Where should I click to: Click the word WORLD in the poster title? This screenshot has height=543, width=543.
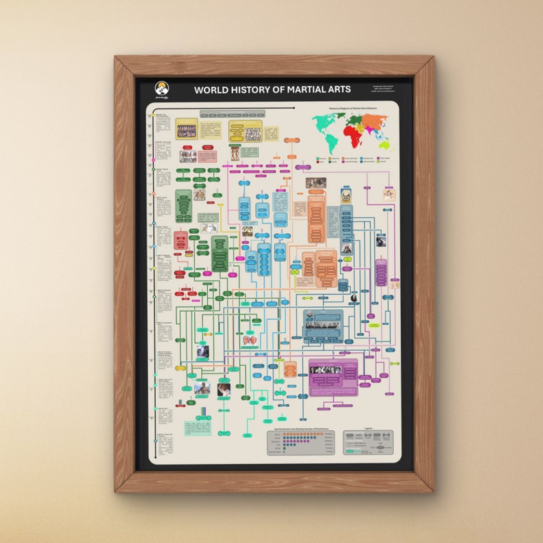click(x=211, y=90)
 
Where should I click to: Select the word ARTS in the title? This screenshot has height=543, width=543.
click(x=338, y=90)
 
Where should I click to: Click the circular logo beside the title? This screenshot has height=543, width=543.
click(x=161, y=89)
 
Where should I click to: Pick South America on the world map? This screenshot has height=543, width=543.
click(x=331, y=142)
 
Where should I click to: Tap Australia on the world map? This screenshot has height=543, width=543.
click(x=385, y=144)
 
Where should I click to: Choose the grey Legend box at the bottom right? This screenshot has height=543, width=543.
click(x=368, y=442)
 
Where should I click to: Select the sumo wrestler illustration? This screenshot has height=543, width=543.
click(x=235, y=153)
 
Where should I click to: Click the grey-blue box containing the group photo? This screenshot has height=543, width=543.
click(x=323, y=325)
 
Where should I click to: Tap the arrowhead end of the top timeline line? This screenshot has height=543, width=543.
click(x=294, y=107)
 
